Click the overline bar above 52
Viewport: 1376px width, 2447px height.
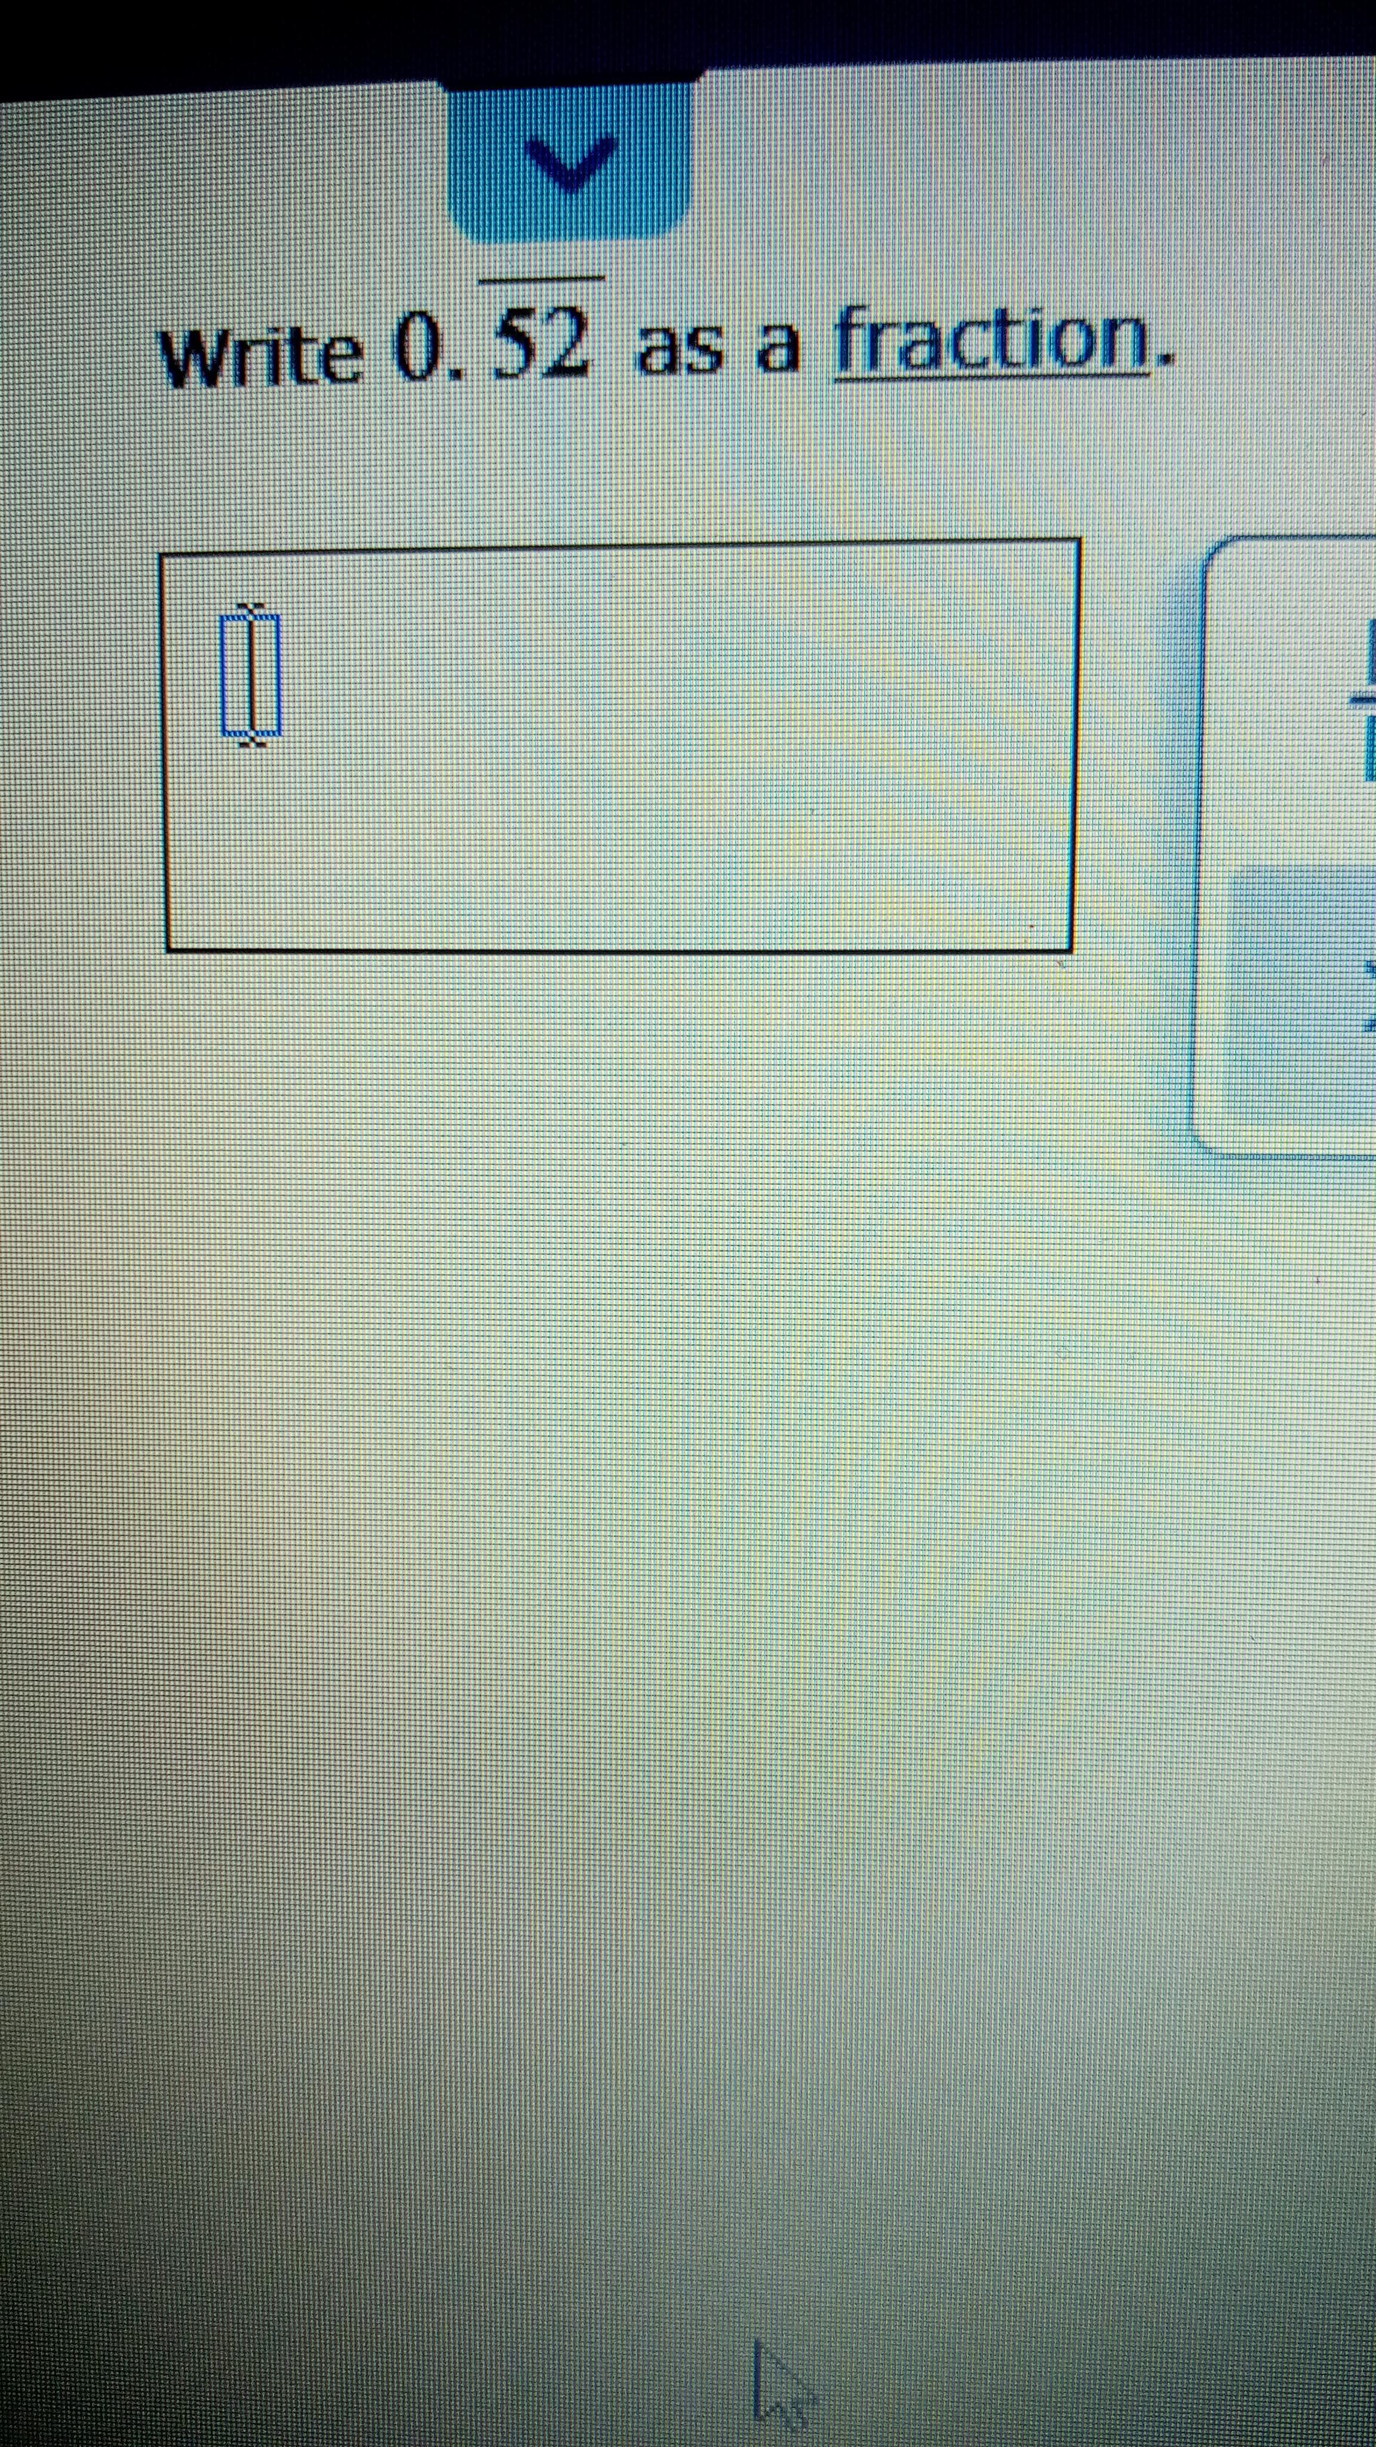[541, 279]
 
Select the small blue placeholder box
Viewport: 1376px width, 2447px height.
[251, 676]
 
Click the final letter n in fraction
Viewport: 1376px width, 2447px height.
[1125, 346]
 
